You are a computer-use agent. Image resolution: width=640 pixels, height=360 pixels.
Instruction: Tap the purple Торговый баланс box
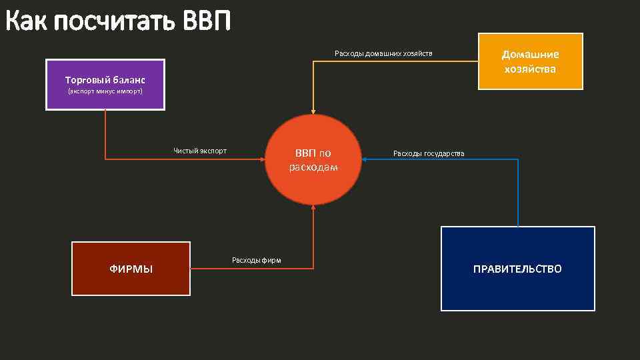point(105,85)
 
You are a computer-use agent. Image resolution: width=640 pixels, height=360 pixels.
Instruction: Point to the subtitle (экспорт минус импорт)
point(105,91)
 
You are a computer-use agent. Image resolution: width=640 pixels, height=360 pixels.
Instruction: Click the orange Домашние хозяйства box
point(531,61)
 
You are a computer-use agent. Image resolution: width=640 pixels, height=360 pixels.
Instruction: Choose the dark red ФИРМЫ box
point(131,269)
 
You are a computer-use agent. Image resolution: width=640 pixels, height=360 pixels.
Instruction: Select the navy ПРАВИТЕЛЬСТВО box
point(517,269)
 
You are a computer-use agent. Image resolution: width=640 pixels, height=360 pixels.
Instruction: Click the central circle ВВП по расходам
point(313,160)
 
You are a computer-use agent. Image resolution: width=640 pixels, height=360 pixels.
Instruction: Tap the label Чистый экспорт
point(200,151)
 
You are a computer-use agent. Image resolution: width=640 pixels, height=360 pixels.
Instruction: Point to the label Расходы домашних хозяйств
point(383,53)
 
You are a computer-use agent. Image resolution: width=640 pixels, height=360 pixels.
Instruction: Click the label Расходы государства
point(429,154)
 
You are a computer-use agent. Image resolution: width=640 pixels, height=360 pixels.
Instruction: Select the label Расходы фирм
point(256,260)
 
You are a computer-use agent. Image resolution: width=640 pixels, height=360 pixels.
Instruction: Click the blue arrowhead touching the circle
point(366,159)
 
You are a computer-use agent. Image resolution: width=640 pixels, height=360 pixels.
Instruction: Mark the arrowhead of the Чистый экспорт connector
point(263,159)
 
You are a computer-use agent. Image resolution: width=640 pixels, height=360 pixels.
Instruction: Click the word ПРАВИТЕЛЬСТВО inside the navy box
point(517,269)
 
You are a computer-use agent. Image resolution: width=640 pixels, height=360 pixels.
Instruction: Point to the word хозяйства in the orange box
point(531,69)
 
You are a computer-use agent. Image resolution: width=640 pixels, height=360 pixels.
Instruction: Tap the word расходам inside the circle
point(313,167)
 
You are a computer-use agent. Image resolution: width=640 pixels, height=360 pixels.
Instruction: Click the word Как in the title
point(27,22)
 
